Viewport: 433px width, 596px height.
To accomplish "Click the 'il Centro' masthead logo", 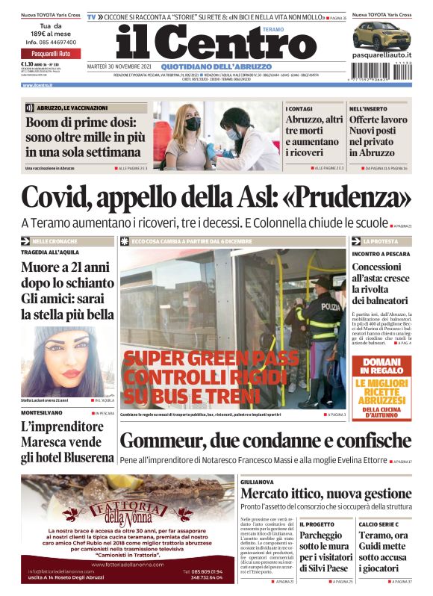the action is coord(205,43).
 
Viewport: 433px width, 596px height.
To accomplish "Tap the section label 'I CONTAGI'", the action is coord(299,109).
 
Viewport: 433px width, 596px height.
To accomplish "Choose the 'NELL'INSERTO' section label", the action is coord(367,109).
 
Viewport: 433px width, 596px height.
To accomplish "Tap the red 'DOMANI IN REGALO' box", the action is coord(381,367).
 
